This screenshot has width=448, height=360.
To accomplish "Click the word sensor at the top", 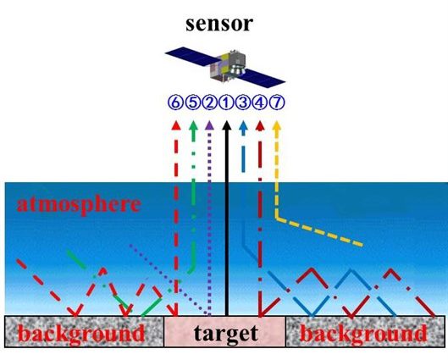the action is coord(219,24).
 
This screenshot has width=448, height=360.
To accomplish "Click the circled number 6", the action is coord(175,102).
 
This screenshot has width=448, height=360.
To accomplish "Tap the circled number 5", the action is coord(192,102).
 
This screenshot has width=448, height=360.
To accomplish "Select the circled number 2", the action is coord(209,102).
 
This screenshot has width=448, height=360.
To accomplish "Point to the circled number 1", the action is coord(226,102).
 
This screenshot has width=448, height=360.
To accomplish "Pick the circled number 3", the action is coord(243,102).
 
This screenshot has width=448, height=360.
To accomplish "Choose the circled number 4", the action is coord(259,102).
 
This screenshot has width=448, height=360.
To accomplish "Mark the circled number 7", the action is coord(277,102).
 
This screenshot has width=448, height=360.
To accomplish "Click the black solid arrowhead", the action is coord(227,125).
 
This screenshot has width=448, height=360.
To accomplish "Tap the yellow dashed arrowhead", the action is coord(277,125).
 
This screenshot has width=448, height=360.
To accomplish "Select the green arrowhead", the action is coord(193,125).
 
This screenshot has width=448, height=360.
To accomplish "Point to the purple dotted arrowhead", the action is coord(210,125).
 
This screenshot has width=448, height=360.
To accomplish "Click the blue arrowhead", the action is coord(243,125).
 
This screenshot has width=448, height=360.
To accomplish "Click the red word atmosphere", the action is coord(79,205).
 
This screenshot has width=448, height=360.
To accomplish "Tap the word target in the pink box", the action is coord(226,333).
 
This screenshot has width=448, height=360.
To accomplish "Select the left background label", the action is coord(81,333).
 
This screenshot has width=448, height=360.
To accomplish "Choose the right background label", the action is coord(363,333).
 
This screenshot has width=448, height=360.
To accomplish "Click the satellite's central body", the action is coord(228,66).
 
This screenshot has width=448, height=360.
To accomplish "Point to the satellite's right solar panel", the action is coord(263,78).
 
